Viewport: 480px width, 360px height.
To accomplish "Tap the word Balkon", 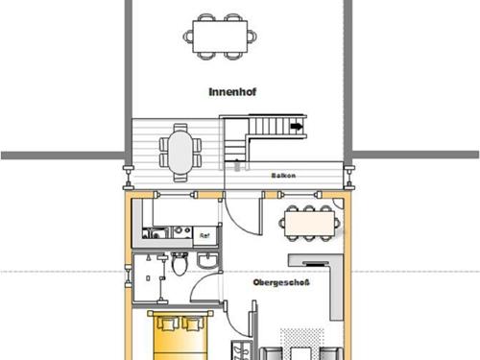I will point(282,179).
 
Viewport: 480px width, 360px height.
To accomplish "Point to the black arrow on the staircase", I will point(297,126).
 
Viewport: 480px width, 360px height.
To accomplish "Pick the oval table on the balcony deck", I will point(180,149).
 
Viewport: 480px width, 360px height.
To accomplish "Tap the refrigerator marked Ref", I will point(204,233).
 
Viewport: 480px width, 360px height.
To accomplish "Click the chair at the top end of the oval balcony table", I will point(180,126).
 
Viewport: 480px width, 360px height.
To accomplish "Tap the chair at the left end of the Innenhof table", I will point(188,36).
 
